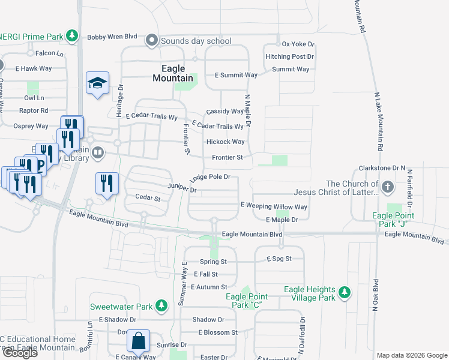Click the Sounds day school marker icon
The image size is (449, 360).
[x=151, y=41]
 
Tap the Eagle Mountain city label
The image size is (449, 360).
[x=173, y=73]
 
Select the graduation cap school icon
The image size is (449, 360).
[x=97, y=83]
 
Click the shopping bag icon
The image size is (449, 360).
[x=138, y=341]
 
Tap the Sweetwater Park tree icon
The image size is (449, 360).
[x=161, y=306]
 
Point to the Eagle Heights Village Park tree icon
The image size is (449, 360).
[x=344, y=293]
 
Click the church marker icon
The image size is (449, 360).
[x=388, y=187]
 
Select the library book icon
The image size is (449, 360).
[x=98, y=154]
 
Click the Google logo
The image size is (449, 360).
[x=19, y=353]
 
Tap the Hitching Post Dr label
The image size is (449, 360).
[x=290, y=56]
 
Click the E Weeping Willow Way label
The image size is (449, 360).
[x=274, y=206]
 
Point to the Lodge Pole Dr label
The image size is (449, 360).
[x=210, y=178]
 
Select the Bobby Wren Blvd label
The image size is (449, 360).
[x=112, y=37]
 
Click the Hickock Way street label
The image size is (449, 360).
[x=225, y=142]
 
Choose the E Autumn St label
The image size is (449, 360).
[x=209, y=287]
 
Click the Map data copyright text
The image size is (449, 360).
[x=411, y=355]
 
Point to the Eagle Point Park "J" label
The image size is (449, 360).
[x=393, y=220]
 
